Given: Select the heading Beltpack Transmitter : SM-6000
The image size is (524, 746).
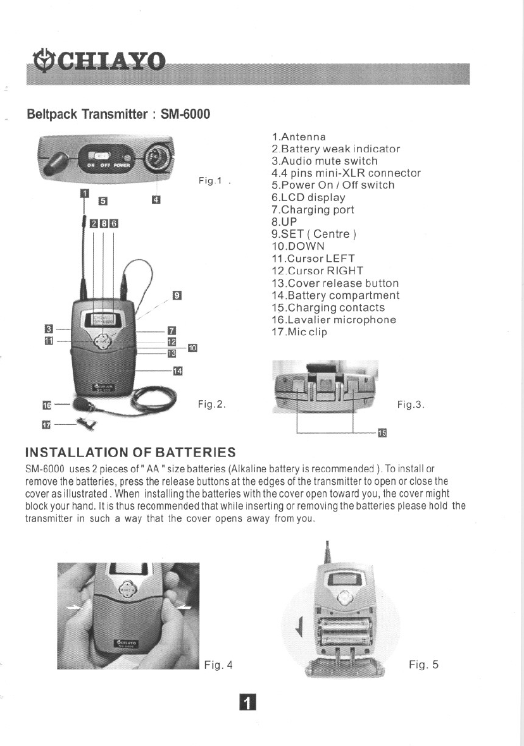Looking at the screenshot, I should pos(118,115).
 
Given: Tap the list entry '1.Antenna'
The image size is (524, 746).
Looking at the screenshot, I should pos(298,137).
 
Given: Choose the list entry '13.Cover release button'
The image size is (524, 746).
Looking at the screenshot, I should pos(335,283).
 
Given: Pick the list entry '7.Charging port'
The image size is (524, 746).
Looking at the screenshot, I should pos(313,209).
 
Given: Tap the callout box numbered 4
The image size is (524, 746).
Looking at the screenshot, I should pos(156,200).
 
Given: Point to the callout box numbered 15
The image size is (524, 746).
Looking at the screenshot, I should pos(382,432).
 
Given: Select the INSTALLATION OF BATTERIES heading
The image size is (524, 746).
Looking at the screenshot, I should pos(130,453).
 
